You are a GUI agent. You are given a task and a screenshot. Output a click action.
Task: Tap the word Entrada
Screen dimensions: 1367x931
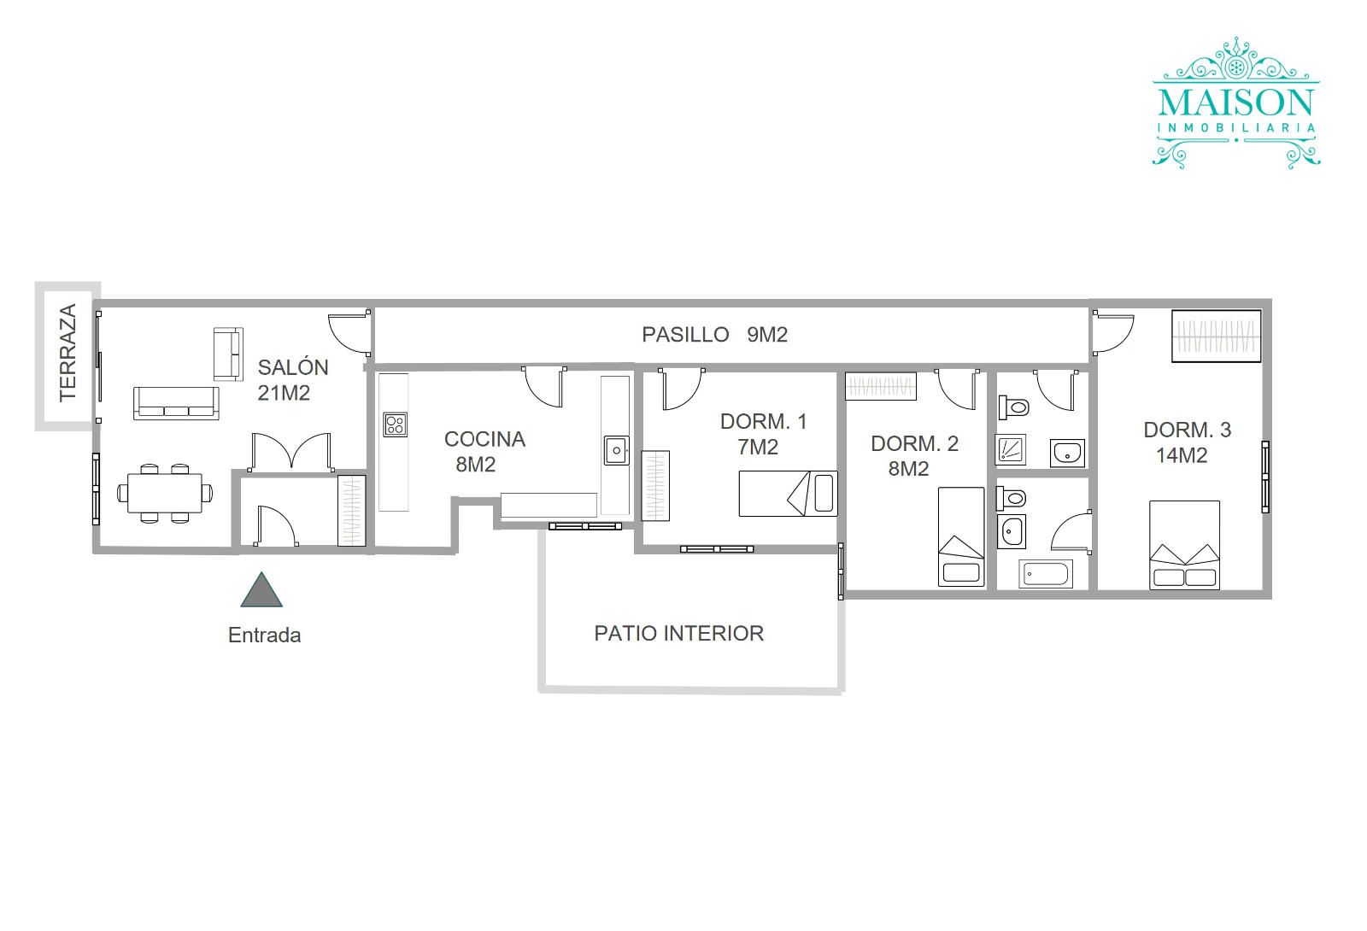pos(264,635)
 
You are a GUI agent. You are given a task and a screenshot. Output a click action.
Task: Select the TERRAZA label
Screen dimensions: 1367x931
pos(67,354)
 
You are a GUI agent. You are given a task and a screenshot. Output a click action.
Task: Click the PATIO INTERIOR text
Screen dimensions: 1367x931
pos(678,633)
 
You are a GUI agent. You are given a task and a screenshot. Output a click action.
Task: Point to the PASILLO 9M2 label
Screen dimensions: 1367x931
pos(714,334)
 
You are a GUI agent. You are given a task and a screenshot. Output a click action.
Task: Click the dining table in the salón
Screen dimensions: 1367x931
pos(165,493)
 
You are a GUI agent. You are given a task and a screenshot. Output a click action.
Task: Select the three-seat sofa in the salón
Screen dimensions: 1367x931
pos(176,403)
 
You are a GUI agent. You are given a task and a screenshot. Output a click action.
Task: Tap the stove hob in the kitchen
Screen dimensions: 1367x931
pos(396,425)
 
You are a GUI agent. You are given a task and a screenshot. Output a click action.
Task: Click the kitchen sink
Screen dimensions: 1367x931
pos(616,450)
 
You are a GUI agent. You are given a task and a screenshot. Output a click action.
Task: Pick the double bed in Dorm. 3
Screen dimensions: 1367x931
pos(1184,546)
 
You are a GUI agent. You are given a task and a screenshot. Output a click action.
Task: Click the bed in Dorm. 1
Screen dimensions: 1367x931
pos(788,494)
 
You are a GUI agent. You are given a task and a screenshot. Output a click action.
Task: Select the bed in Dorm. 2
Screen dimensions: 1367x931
pos(961,537)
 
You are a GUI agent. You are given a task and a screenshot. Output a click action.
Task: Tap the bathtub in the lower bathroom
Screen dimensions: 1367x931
pos(1046,574)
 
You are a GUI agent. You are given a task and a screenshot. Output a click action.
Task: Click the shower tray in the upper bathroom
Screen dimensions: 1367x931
pos(1011,450)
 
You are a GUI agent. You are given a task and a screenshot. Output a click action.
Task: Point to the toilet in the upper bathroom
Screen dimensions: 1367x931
pos(1013,407)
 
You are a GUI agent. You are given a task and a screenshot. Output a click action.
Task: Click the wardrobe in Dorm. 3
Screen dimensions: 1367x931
pos(1217,337)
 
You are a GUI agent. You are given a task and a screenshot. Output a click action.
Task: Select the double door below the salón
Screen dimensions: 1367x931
pos(291,452)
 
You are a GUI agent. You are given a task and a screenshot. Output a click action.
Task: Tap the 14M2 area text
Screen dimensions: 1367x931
pos(1182,456)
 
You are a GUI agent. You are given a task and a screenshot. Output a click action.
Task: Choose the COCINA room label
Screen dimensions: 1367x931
pos(484,439)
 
